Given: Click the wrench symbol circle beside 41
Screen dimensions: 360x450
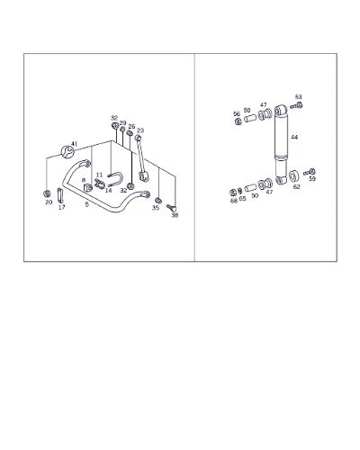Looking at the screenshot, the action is pos(67,151).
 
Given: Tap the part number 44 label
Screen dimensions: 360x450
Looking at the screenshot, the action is pos(294,137).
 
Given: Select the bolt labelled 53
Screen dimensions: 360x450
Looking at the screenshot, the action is pos(297,105).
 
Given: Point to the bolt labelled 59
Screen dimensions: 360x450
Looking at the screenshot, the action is pos(310,172).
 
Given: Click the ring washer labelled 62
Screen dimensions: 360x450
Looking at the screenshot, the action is pos(294,176).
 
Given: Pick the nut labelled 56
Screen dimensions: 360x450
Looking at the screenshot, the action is pos(238,121).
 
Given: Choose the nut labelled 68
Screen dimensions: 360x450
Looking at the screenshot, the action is pos(233,193).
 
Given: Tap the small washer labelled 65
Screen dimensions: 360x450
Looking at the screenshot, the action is pos(239,191).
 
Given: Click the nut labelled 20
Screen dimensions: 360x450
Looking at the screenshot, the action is pos(47,193).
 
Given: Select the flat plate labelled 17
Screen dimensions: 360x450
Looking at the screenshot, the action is pos(60,195).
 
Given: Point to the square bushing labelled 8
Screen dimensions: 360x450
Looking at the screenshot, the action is pos(88,188).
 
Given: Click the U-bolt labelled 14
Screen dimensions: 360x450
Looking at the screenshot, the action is pos(115,179).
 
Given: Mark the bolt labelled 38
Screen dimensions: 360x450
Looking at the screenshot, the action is pos(171,207).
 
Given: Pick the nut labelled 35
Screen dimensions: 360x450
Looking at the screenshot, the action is pos(158,201).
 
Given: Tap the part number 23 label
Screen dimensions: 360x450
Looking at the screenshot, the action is pos(140,130).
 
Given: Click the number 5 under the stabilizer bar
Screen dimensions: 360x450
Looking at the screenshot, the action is pos(87,204).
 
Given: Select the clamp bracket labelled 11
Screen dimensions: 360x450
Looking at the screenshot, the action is pos(99,184).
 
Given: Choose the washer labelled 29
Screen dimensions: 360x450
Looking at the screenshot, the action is pos(122,130).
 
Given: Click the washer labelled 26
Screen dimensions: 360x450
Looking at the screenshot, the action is pos(130,133).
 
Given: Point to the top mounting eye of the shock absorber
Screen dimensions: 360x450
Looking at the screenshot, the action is pos(282,111).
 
